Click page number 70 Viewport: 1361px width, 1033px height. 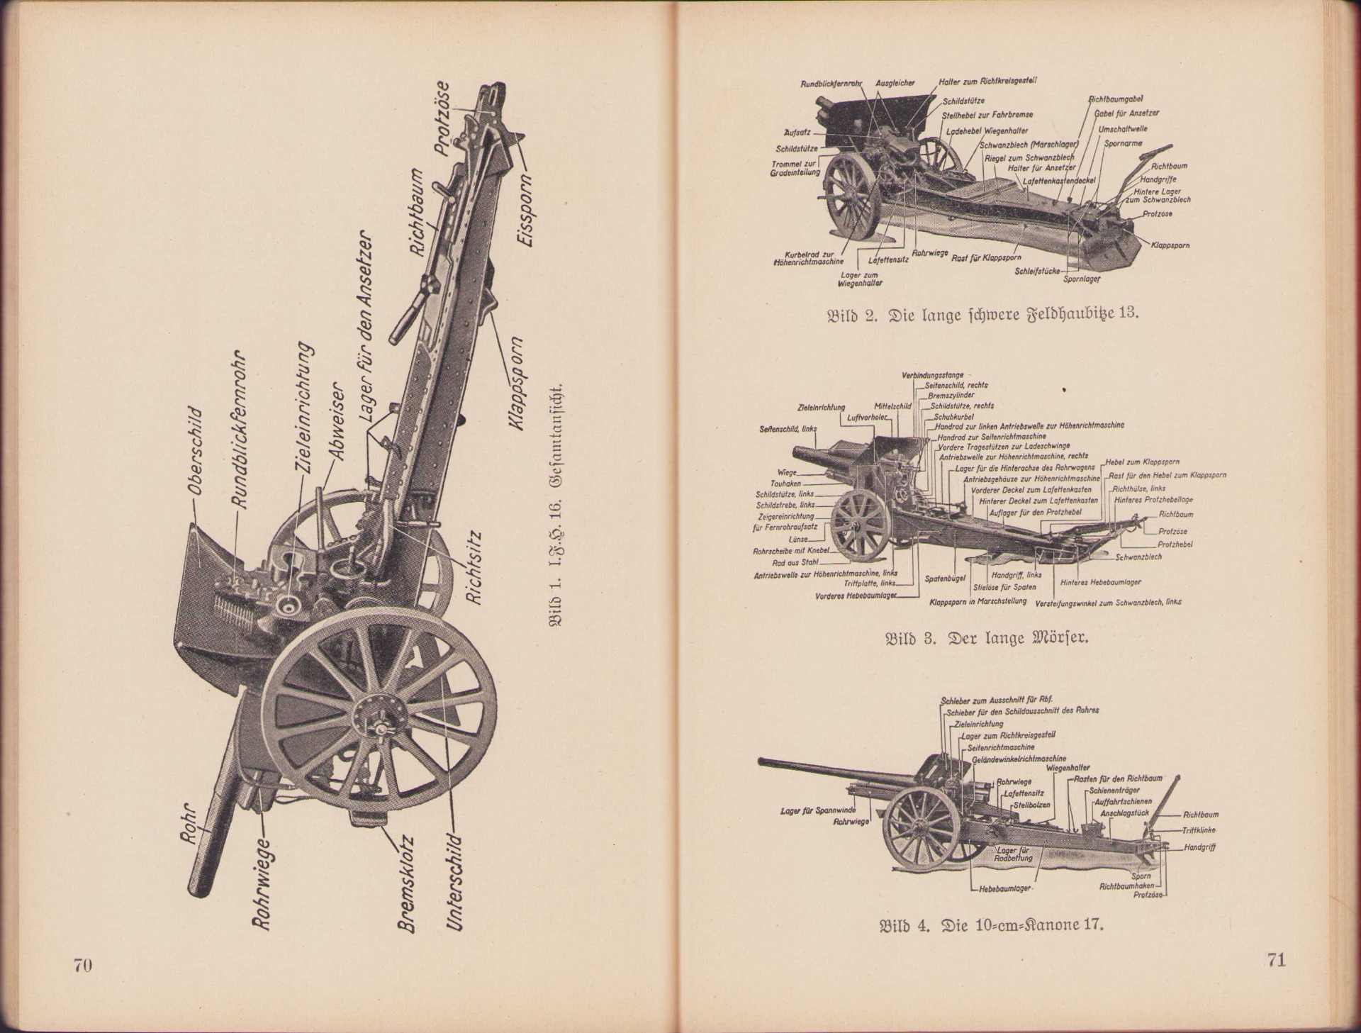coord(83,965)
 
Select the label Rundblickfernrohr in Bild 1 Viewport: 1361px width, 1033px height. coord(238,429)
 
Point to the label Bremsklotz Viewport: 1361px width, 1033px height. coord(406,883)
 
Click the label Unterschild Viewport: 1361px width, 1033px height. coord(456,882)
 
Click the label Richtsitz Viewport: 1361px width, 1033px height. coord(474,569)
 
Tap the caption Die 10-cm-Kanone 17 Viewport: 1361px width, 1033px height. coord(991,926)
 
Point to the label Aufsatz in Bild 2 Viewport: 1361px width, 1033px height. coord(797,133)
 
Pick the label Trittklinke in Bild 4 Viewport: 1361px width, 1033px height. coord(1199,830)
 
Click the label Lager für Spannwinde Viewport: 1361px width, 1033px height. coord(817,810)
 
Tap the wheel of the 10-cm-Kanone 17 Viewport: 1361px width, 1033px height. coord(921,828)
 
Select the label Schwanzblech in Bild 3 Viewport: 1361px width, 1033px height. coord(1138,557)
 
